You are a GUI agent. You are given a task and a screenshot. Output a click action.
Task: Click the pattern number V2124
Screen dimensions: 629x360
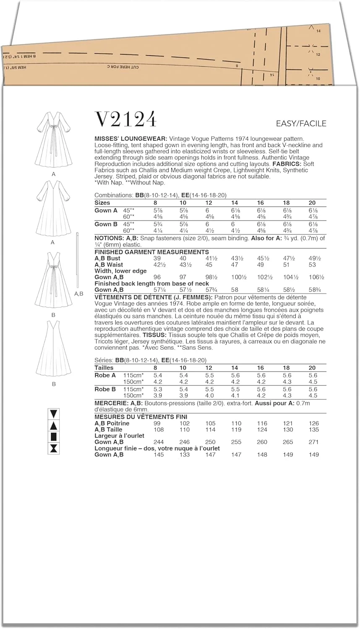point(126,119)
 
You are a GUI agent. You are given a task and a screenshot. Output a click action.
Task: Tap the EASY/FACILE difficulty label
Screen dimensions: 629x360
point(301,123)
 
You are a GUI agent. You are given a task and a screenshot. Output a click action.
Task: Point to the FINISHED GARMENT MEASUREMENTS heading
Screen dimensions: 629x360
point(151,252)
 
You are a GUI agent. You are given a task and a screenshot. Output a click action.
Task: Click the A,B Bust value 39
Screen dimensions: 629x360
point(157,258)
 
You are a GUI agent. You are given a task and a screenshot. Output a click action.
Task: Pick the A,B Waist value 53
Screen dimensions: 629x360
point(312,265)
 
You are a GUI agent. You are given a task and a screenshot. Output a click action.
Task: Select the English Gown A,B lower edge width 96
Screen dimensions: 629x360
point(157,277)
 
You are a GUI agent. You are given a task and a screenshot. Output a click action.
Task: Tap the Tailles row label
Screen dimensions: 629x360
point(104,367)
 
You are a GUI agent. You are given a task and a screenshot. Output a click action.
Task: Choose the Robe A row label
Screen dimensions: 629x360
point(105,375)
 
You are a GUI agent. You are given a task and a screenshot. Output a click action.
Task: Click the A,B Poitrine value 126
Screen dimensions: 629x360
point(313,424)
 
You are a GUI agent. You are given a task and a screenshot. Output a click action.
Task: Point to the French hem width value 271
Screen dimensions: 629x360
point(313,442)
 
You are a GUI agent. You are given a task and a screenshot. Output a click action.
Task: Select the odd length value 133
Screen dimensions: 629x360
point(184,455)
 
